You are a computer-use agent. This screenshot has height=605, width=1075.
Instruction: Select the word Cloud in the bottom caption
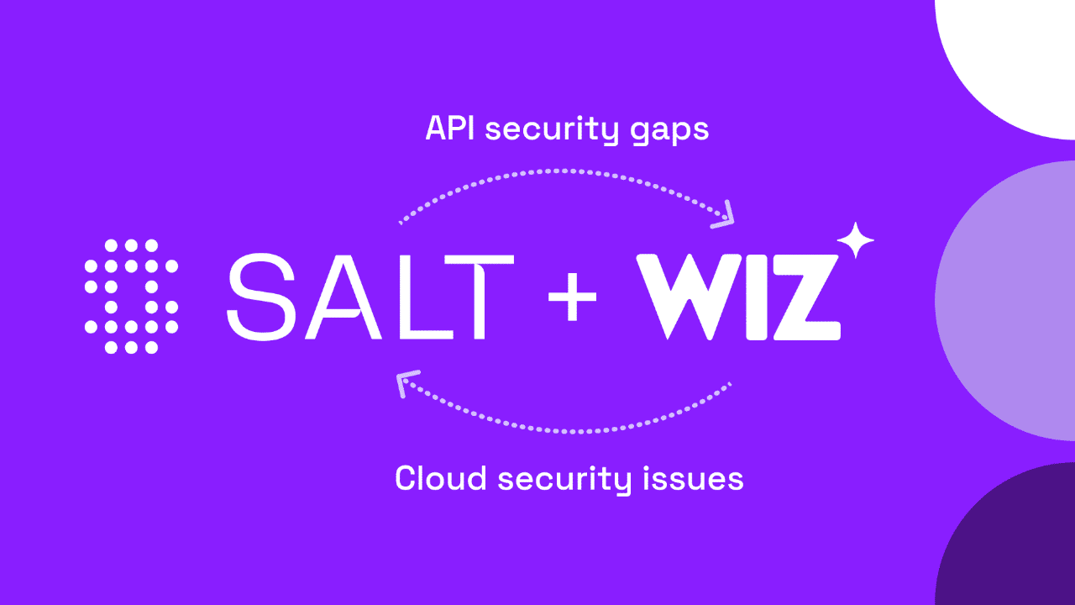pyautogui.click(x=440, y=478)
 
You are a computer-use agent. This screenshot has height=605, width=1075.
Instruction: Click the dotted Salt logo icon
pyautogui.click(x=131, y=296)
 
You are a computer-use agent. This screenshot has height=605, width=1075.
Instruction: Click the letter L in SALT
pyautogui.click(x=407, y=297)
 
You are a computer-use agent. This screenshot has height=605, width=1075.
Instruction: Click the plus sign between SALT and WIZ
pyautogui.click(x=572, y=297)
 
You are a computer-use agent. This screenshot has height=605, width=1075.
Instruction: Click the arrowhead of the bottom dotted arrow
pyautogui.click(x=406, y=383)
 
